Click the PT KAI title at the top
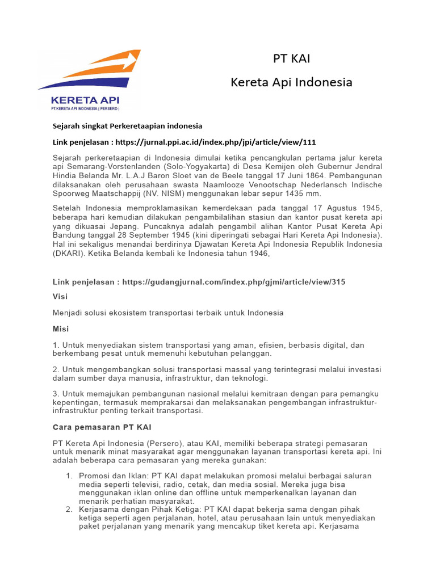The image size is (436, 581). click(x=291, y=58)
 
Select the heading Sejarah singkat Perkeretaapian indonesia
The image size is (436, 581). click(x=128, y=126)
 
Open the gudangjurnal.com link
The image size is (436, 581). click(x=233, y=281)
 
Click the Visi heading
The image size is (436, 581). click(x=60, y=296)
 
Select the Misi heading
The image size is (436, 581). click(x=61, y=329)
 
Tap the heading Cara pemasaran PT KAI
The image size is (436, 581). click(x=102, y=427)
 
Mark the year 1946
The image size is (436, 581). click(x=254, y=254)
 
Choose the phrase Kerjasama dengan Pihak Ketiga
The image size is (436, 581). click(x=140, y=510)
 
